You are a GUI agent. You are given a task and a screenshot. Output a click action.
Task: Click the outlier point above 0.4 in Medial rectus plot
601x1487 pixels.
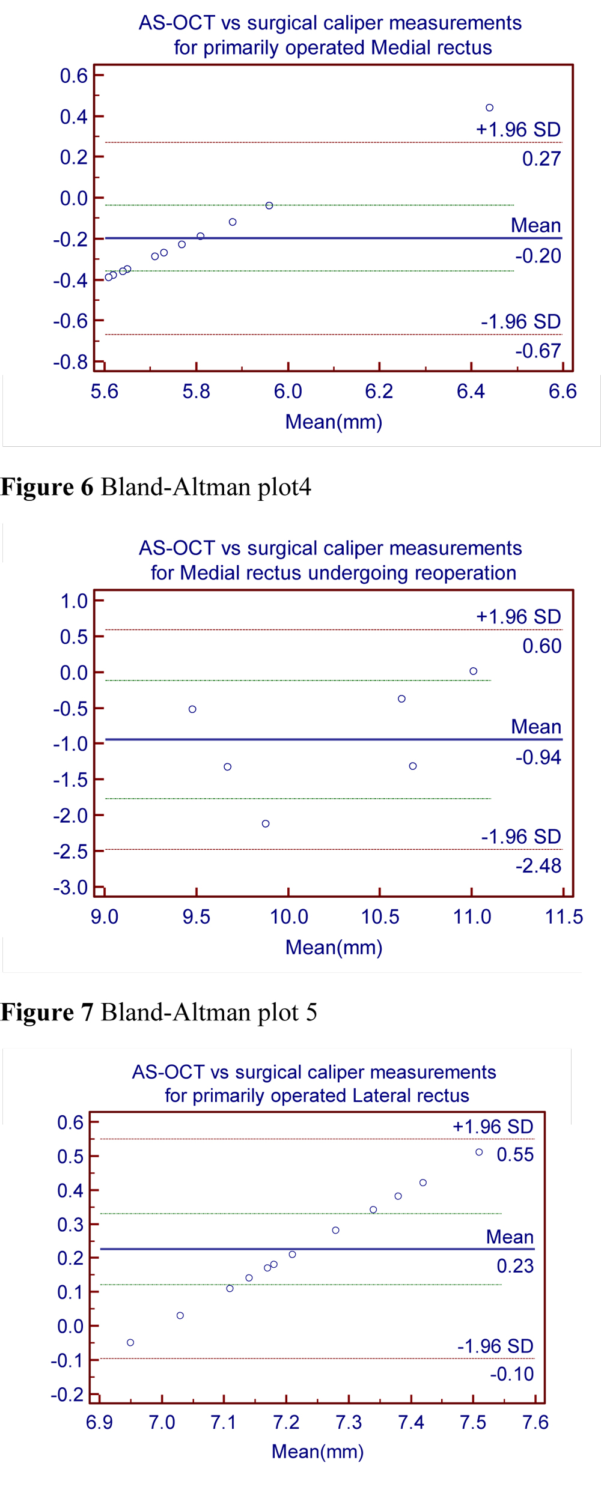pyautogui.click(x=489, y=108)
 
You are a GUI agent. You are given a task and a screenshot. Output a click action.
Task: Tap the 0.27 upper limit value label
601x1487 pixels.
pyautogui.click(x=541, y=159)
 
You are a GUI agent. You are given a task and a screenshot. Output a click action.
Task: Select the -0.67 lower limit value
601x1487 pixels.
pyautogui.click(x=538, y=351)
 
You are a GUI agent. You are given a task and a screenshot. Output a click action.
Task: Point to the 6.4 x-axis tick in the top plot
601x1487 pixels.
pyautogui.click(x=471, y=392)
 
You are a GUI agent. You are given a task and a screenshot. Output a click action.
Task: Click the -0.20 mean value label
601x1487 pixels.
pyautogui.click(x=538, y=256)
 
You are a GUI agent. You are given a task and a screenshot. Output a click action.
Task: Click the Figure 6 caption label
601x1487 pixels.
pyautogui.click(x=47, y=487)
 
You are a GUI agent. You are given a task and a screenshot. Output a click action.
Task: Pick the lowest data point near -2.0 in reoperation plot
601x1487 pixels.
pyautogui.click(x=266, y=823)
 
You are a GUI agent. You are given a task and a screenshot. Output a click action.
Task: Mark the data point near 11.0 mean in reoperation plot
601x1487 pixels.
pyautogui.click(x=474, y=671)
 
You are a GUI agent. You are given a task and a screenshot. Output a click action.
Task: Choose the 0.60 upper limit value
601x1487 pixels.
pyautogui.click(x=542, y=646)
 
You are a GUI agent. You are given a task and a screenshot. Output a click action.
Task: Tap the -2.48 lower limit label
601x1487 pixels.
pyautogui.click(x=538, y=866)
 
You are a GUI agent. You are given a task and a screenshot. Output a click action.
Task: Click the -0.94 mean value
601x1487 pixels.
pyautogui.click(x=538, y=758)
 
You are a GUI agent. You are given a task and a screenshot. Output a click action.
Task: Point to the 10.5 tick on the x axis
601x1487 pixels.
pyautogui.click(x=380, y=917)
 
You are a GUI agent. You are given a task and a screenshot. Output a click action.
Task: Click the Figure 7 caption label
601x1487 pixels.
pyautogui.click(x=47, y=1013)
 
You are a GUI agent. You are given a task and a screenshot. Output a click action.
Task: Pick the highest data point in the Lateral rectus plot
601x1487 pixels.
pyautogui.click(x=479, y=1152)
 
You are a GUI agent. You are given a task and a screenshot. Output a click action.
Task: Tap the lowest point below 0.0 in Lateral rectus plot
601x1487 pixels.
pyautogui.click(x=130, y=1342)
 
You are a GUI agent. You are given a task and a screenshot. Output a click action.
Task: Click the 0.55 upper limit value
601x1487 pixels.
pyautogui.click(x=515, y=1154)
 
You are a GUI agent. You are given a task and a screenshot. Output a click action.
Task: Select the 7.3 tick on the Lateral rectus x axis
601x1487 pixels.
pyautogui.click(x=349, y=1423)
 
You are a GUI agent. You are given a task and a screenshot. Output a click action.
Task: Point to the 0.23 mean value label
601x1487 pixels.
pyautogui.click(x=515, y=1266)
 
